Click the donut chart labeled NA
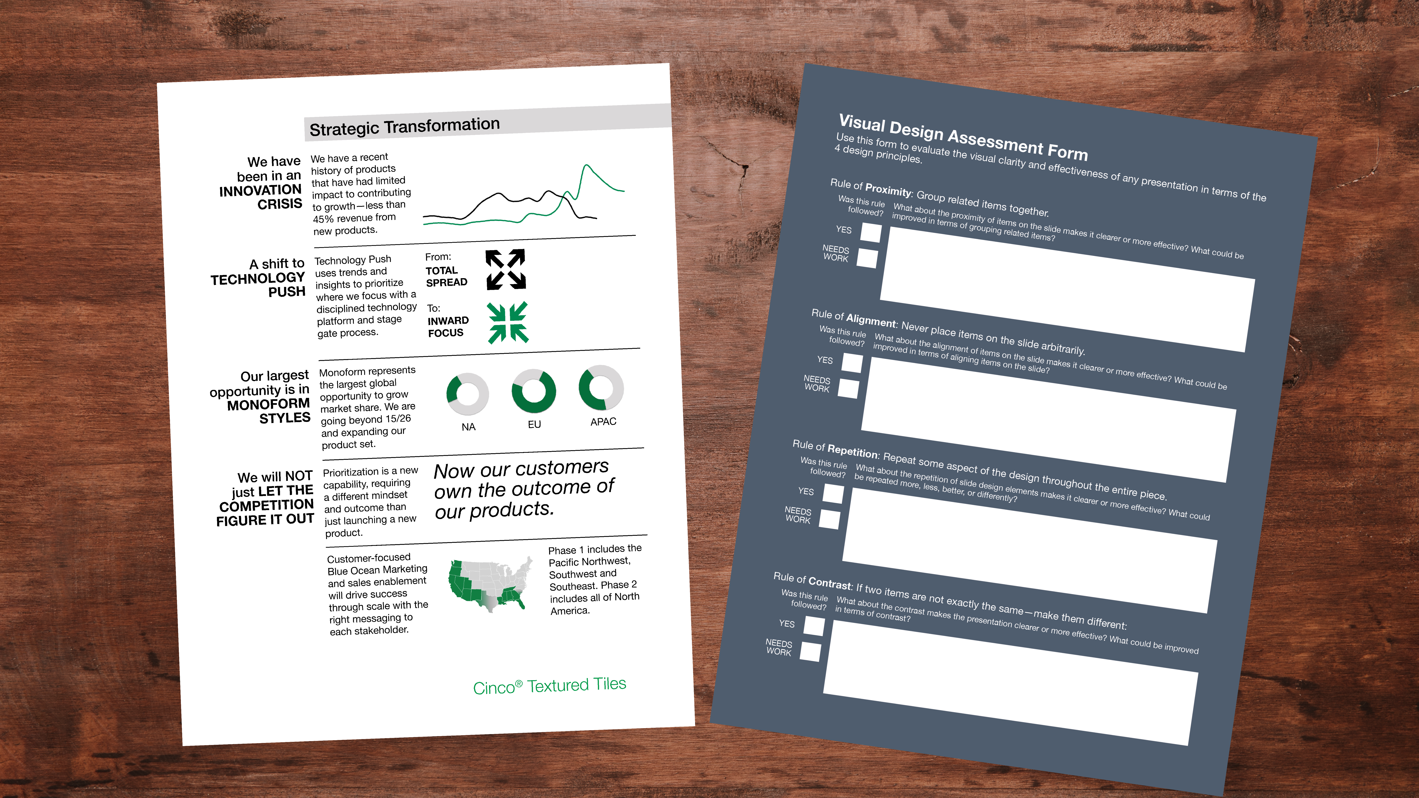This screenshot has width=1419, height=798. pyautogui.click(x=467, y=394)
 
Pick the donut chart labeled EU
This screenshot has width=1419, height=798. pyautogui.click(x=534, y=391)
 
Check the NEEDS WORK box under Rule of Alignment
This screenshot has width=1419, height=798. pyautogui.click(x=848, y=388)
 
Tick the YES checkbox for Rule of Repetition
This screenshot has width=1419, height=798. pyautogui.click(x=833, y=493)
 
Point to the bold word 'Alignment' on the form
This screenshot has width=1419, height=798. pyautogui.click(x=871, y=320)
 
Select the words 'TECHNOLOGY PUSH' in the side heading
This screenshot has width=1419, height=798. pyautogui.click(x=258, y=285)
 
